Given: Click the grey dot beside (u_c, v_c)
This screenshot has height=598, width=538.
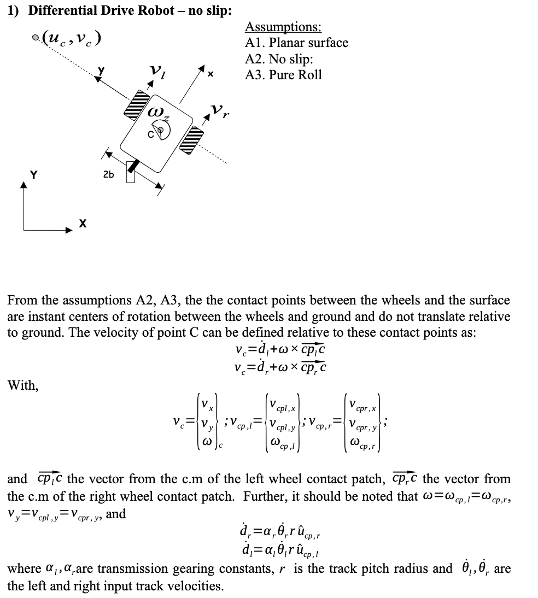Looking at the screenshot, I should point(36,38).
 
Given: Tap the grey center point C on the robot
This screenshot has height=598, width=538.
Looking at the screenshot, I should point(160,130).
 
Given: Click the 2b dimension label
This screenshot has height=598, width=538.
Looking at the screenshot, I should point(108,174).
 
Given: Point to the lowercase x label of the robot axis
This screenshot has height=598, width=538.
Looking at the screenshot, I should point(209,72).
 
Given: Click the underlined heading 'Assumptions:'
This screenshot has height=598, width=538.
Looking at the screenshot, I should point(283,27).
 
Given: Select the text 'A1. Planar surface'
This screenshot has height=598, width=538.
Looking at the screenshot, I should point(296,43).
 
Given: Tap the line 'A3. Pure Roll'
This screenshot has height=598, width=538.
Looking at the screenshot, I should point(283,75).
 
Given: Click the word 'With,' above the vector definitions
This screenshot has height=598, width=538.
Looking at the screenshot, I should point(22,386).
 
